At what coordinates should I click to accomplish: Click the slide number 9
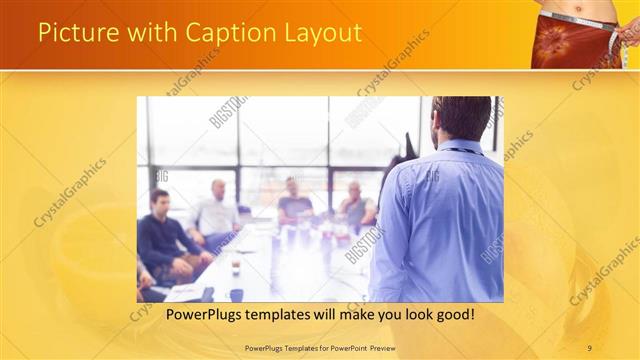click(590, 347)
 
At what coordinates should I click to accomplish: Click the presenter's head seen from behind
click(461, 118)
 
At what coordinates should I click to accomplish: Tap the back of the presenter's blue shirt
click(440, 220)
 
